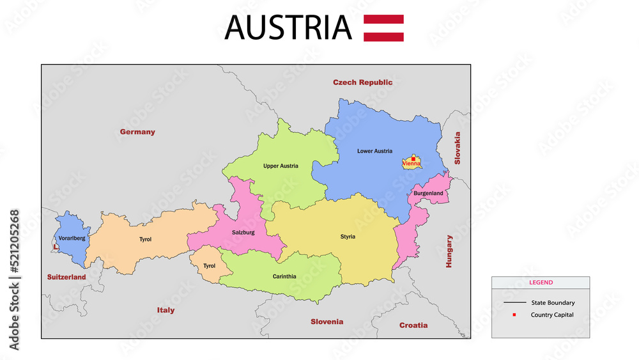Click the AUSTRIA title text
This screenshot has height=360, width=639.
(x=288, y=27)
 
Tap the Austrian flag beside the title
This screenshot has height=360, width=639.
(x=383, y=28)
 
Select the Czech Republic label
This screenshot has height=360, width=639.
(x=362, y=82)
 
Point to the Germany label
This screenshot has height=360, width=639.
(x=137, y=132)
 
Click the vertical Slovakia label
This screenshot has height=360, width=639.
(x=457, y=148)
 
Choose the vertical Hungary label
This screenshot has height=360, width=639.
(x=449, y=251)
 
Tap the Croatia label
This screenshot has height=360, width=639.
(x=413, y=325)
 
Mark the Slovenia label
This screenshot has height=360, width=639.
(x=327, y=322)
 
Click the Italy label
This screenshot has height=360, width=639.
(x=166, y=311)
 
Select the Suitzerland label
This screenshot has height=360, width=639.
(x=66, y=278)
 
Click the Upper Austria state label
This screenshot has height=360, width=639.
(x=281, y=166)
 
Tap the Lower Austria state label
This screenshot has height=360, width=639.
(x=374, y=152)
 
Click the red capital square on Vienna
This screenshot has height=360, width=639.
(x=413, y=158)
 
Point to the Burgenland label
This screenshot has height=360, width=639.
(x=428, y=193)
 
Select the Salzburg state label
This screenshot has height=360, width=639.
(x=243, y=233)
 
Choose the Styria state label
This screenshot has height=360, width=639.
(x=348, y=237)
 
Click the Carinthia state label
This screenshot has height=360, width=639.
(x=284, y=277)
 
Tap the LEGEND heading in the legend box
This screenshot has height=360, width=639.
(x=541, y=283)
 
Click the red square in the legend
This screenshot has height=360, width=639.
(x=514, y=315)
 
